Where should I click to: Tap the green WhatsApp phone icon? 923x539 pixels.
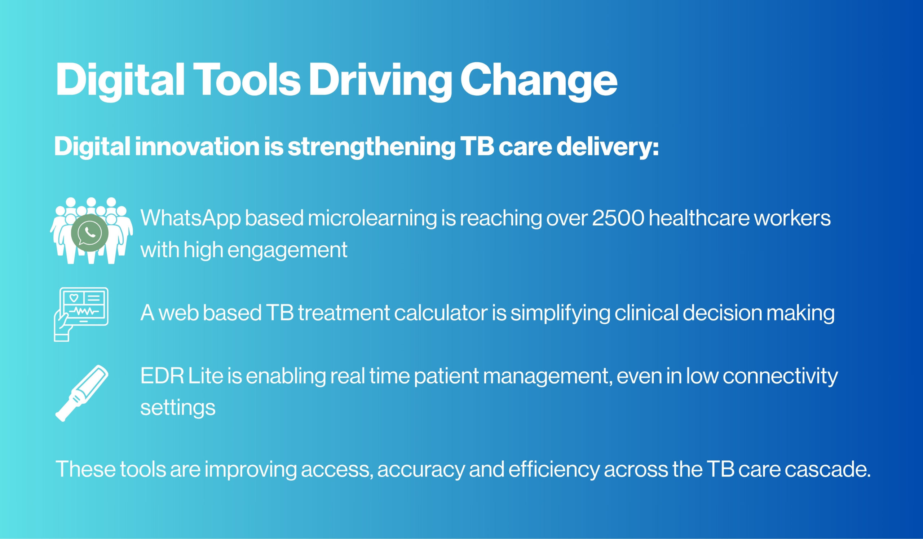pos(89,233)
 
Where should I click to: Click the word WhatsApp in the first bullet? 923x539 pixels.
pos(190,218)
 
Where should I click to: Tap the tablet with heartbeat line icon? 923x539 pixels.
pos(81,314)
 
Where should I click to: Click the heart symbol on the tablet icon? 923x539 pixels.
pos(74,297)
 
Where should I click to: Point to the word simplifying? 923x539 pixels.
pos(560,314)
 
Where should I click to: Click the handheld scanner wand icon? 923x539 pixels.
pos(81,393)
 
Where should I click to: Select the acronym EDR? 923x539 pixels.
pos(162,376)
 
